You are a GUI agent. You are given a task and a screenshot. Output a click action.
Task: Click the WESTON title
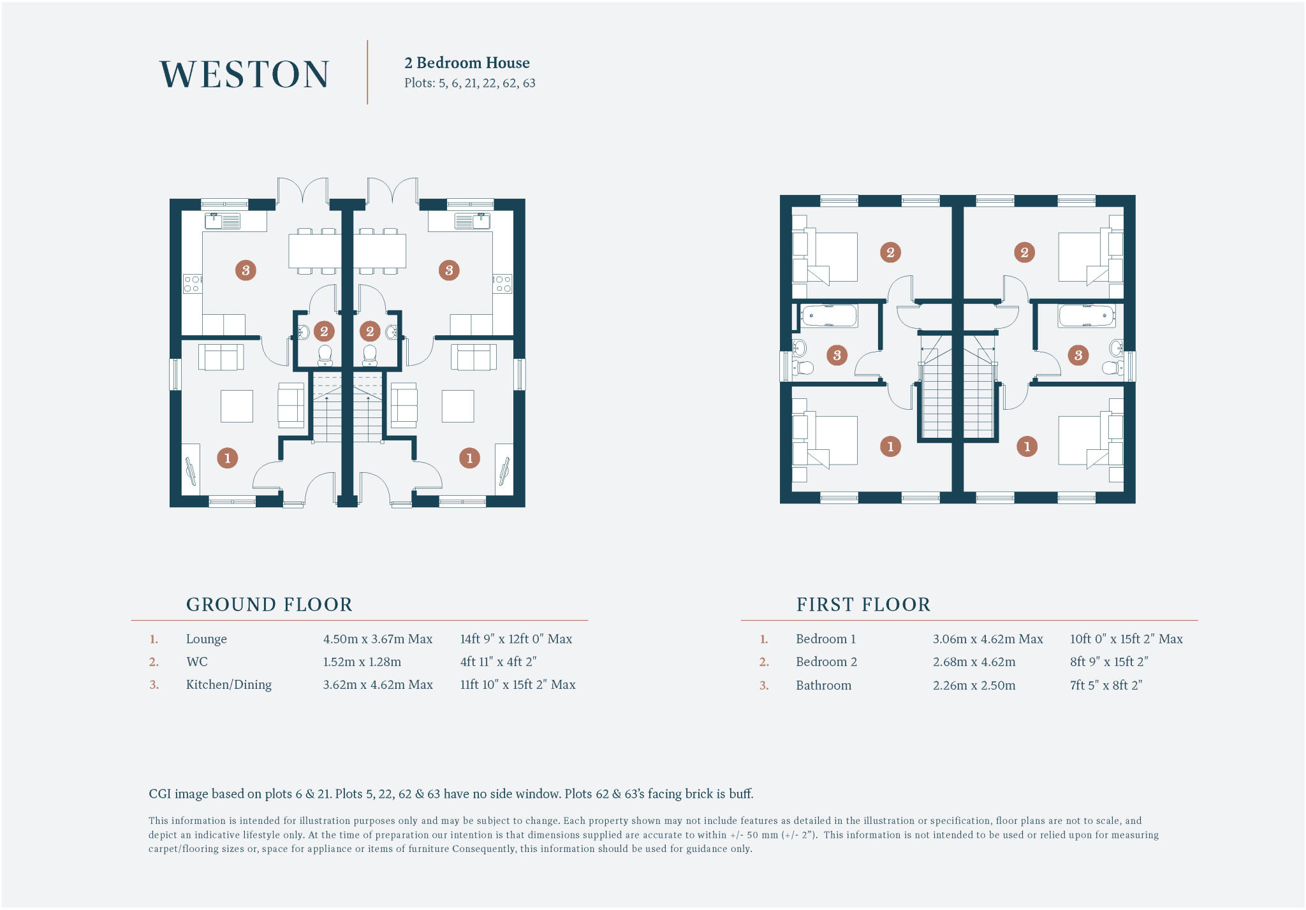(x=244, y=74)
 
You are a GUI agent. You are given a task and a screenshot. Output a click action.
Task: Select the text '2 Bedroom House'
(x=467, y=62)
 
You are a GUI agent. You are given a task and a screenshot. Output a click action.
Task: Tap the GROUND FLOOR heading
(x=269, y=604)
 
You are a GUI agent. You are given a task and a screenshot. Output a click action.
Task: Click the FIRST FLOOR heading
(x=863, y=604)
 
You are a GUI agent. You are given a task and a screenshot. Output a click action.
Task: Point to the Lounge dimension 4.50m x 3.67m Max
(x=378, y=639)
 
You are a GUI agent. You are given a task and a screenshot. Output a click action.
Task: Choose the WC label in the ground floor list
(x=197, y=661)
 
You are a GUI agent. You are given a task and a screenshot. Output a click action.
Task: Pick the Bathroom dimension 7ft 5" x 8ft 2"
(x=1106, y=685)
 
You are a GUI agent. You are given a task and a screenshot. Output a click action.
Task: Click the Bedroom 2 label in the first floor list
(x=826, y=661)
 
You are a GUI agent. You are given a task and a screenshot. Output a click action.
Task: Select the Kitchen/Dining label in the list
(x=228, y=684)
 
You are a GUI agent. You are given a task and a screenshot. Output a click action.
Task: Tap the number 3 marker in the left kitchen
(x=246, y=270)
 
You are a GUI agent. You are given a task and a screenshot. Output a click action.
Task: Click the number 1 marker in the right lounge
(x=469, y=458)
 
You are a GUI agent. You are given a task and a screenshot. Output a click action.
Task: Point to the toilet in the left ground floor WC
(x=325, y=356)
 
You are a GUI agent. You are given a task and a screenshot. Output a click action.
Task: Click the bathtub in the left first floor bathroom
(x=829, y=315)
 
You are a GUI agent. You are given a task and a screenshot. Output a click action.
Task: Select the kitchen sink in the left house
(x=223, y=221)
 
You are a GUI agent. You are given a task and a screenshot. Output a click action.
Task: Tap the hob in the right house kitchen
(x=503, y=284)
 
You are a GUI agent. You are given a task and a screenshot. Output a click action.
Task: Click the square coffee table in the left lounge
(x=237, y=406)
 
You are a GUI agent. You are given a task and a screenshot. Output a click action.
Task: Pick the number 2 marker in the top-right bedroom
(x=1024, y=252)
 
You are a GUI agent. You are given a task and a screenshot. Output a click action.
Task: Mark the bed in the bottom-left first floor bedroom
(x=829, y=440)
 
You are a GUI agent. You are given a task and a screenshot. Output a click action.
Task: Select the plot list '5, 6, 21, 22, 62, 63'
(x=487, y=83)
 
